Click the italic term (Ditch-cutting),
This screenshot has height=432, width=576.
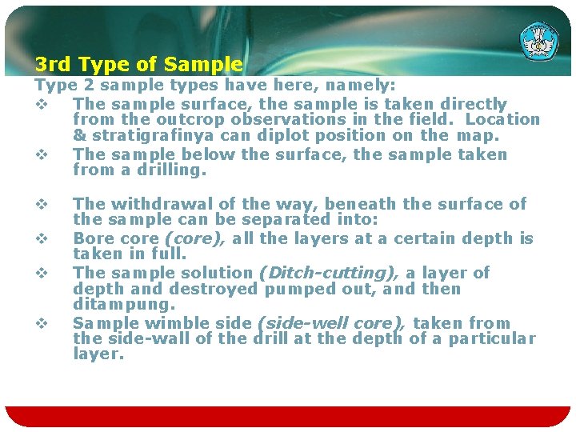click(329, 273)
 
